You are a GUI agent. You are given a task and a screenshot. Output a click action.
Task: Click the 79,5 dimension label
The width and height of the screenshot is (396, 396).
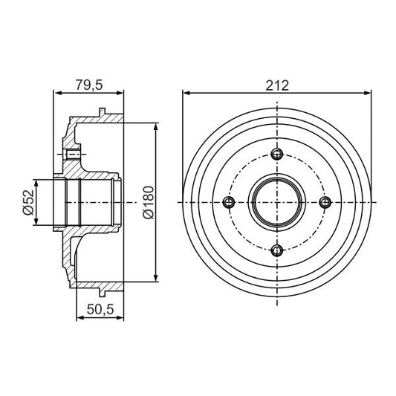pyautogui.click(x=88, y=84)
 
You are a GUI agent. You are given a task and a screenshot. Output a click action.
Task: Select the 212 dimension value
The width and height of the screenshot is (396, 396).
pyautogui.click(x=276, y=84)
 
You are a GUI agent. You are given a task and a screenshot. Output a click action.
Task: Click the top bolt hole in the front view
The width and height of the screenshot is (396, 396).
pyautogui.click(x=276, y=155)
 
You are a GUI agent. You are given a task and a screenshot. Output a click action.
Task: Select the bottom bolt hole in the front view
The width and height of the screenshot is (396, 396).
pyautogui.click(x=276, y=250)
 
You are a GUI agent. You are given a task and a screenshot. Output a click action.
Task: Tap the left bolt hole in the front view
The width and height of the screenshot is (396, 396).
pyautogui.click(x=229, y=202)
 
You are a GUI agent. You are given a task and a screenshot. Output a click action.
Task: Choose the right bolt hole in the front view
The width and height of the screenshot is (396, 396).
pyautogui.click(x=324, y=202)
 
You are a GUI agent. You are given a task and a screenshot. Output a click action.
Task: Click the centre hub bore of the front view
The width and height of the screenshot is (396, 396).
pyautogui.click(x=276, y=202)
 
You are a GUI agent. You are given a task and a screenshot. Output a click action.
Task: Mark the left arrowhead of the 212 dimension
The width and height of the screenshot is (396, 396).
pyautogui.click(x=186, y=94)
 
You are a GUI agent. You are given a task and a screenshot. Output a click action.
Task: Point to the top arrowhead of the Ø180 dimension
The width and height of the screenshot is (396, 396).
pyautogui.click(x=155, y=126)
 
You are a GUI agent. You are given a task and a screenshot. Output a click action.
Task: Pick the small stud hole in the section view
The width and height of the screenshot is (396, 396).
pyautogui.click(x=72, y=155)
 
